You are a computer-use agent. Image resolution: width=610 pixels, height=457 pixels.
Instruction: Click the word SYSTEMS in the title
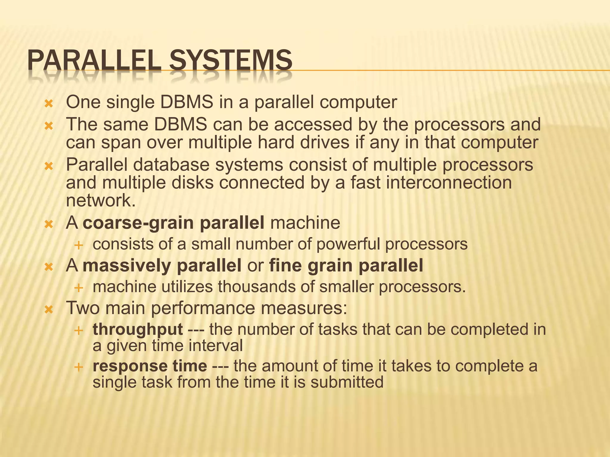tap(231, 60)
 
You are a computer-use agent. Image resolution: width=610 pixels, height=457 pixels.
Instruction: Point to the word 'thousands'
tap(262, 287)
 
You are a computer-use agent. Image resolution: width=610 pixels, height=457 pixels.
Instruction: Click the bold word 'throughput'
tap(138, 330)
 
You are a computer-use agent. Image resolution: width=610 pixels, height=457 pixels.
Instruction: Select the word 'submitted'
tap(347, 382)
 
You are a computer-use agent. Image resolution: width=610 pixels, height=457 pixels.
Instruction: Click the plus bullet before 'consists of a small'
tap(79, 245)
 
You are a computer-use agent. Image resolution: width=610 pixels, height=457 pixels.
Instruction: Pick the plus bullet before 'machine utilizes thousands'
tap(79, 288)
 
